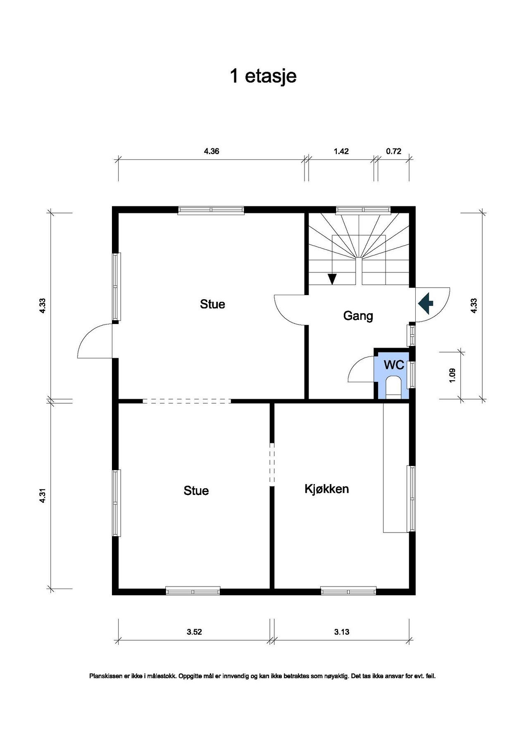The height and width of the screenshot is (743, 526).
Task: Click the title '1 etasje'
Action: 263,76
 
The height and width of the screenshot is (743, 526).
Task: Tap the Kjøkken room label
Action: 326,489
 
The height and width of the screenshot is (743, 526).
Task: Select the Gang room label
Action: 358,316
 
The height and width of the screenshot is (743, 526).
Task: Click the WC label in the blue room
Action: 394,365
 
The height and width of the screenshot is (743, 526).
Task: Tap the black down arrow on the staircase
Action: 332,279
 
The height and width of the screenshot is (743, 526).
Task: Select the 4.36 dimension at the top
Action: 212,151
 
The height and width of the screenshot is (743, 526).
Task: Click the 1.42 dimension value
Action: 341,151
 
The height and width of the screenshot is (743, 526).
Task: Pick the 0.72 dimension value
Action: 393,151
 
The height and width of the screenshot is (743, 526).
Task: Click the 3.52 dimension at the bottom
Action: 194,632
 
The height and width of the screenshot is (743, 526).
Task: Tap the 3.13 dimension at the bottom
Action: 342,632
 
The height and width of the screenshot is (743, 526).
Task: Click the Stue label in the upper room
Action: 212,304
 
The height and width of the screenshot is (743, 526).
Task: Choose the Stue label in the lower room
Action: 196,491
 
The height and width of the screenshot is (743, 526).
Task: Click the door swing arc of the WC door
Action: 355,363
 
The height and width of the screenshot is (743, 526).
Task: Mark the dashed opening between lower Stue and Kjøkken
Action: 272,463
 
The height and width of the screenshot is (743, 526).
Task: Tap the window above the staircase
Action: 363,210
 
